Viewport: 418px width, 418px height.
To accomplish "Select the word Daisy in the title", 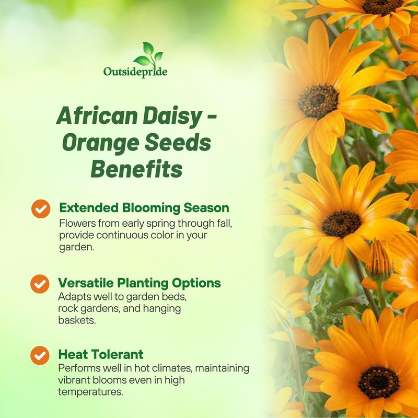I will (172, 115).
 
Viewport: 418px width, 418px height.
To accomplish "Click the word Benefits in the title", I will (136, 169).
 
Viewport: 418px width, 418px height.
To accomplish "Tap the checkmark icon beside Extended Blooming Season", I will (40, 208).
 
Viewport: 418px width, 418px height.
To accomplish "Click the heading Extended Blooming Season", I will (144, 208).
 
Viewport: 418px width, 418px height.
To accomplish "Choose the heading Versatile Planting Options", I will (140, 283).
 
